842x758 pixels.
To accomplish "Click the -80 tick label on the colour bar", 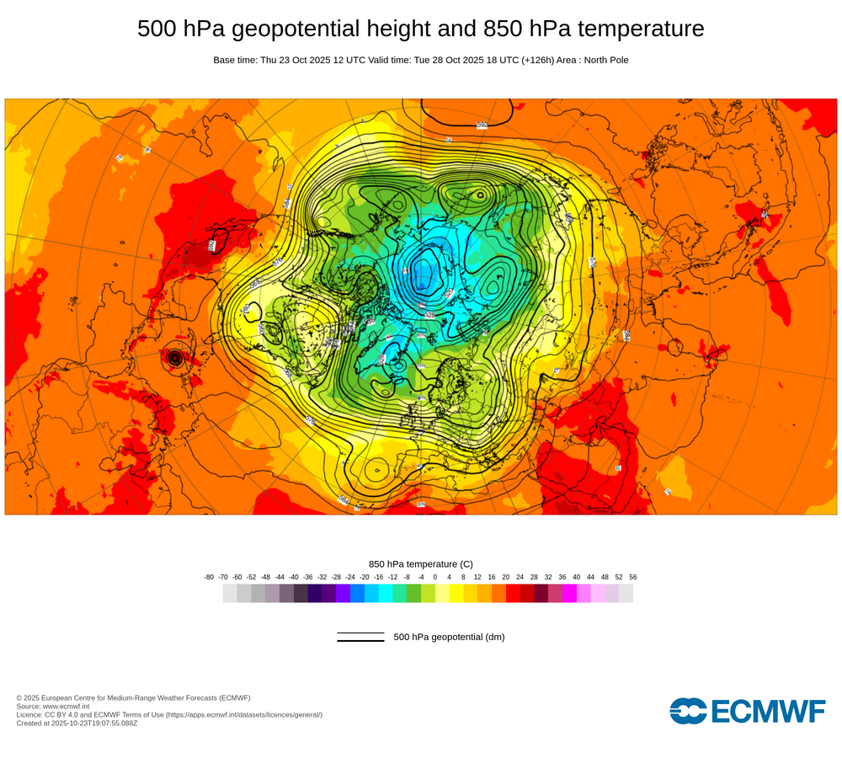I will [x=209, y=577].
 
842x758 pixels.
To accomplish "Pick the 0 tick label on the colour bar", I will [x=435, y=577].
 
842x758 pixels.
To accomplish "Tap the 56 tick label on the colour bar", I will [x=633, y=577].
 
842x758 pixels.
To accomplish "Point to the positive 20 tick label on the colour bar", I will [x=506, y=577].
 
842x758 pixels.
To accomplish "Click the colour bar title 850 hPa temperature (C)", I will [x=421, y=563].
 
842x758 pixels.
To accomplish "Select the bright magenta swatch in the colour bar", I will [x=569, y=594].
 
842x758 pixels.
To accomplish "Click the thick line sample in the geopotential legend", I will [x=360, y=641].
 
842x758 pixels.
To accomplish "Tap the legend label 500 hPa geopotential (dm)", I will [x=449, y=637].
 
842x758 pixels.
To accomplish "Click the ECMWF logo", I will [x=748, y=711].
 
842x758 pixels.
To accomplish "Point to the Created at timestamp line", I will [x=77, y=723].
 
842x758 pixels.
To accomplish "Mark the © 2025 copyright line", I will [x=133, y=697].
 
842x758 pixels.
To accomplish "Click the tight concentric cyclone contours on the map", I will [x=175, y=358].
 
